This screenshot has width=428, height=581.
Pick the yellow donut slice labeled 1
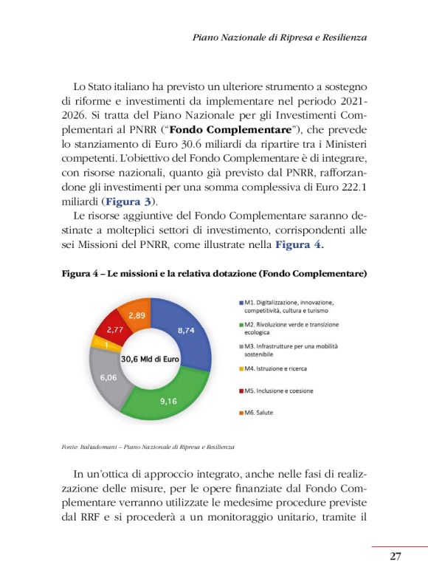(106, 344)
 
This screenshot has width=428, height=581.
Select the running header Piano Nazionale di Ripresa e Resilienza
(279, 36)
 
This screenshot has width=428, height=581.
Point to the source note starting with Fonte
(149, 447)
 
